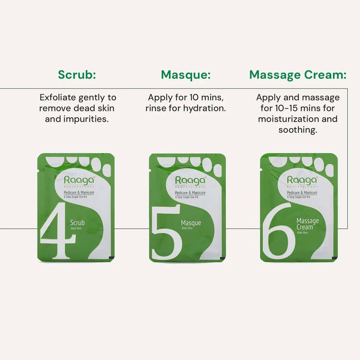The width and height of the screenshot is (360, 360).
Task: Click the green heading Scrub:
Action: [77, 75]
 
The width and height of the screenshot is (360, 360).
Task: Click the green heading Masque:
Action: [186, 75]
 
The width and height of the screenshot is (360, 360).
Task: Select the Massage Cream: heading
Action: [298, 75]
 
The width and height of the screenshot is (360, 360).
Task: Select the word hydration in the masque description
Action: [207, 109]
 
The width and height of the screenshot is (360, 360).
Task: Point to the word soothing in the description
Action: [298, 131]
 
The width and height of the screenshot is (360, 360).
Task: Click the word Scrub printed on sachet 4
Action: [78, 223]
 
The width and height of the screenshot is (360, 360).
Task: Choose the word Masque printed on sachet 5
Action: [191, 223]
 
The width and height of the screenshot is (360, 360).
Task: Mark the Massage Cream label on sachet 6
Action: [308, 224]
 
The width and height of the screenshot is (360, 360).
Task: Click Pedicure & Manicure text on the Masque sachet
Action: [189, 192]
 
